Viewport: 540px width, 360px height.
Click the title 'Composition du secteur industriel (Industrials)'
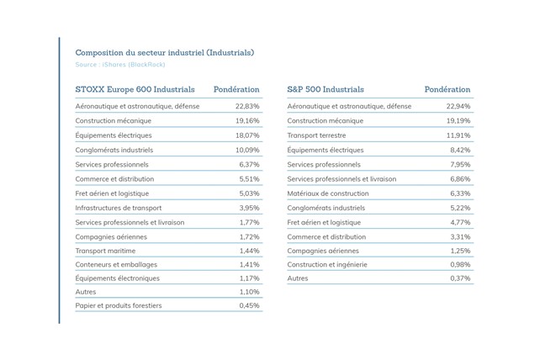[165, 53]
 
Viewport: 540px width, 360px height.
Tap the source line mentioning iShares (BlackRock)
[120, 65]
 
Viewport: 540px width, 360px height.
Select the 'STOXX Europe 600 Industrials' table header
[135, 89]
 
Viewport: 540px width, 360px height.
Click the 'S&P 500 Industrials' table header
[326, 89]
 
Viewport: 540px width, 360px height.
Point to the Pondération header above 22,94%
[447, 89]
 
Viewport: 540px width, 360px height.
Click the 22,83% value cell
[247, 106]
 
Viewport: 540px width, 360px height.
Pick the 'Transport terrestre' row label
[316, 135]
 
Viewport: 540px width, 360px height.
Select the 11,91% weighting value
[458, 135]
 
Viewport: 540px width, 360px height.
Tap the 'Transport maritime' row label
[105, 251]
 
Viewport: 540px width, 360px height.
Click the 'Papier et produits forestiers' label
[119, 305]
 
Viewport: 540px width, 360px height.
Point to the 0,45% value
[249, 305]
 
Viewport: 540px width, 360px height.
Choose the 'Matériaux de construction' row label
[328, 193]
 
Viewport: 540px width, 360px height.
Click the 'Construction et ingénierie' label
[327, 265]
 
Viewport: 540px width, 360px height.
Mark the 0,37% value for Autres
[460, 278]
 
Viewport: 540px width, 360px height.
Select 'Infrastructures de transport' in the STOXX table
[119, 208]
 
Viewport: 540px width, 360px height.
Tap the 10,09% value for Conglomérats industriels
[247, 151]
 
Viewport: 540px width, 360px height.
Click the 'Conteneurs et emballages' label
[116, 265]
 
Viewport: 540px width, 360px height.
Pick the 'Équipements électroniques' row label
[118, 278]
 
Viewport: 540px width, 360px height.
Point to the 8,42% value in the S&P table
[460, 151]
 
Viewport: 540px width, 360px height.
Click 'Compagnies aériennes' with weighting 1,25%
[323, 251]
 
